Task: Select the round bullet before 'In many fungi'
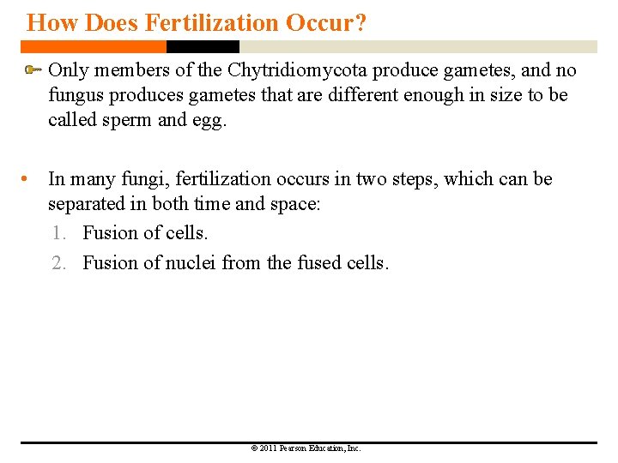point(29,179)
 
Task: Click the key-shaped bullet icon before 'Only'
point(33,69)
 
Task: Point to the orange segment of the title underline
point(94,46)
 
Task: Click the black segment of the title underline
point(203,46)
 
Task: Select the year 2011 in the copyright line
point(265,448)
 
